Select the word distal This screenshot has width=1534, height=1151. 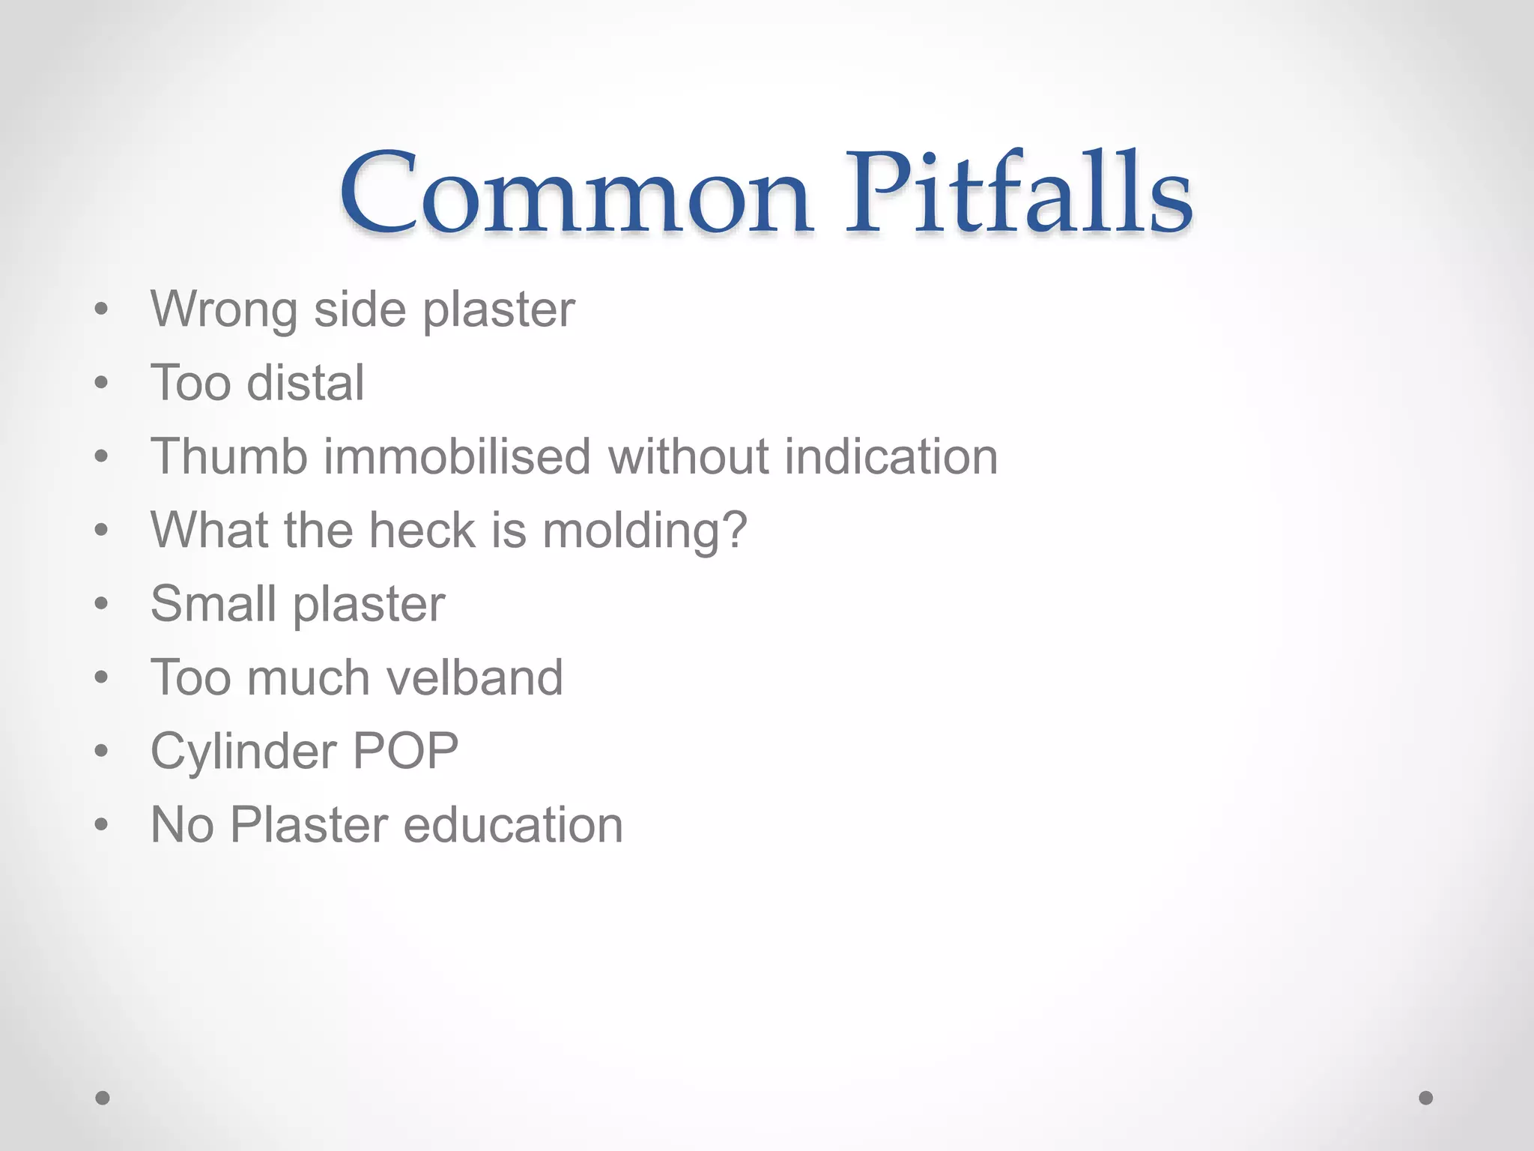pyautogui.click(x=306, y=383)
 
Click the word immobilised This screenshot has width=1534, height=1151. pyautogui.click(x=457, y=456)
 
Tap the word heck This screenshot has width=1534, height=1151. pyautogui.click(x=422, y=530)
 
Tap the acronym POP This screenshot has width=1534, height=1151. pyautogui.click(x=405, y=751)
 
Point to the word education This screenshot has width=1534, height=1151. pyautogui.click(x=513, y=825)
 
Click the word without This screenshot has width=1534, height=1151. pyautogui.click(x=688, y=456)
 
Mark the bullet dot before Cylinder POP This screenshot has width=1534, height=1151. pyautogui.click(x=102, y=752)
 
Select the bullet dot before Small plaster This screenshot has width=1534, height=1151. pyautogui.click(x=102, y=605)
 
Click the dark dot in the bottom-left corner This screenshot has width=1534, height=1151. pyautogui.click(x=103, y=1098)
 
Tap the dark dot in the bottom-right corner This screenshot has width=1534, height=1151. pyautogui.click(x=1426, y=1098)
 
